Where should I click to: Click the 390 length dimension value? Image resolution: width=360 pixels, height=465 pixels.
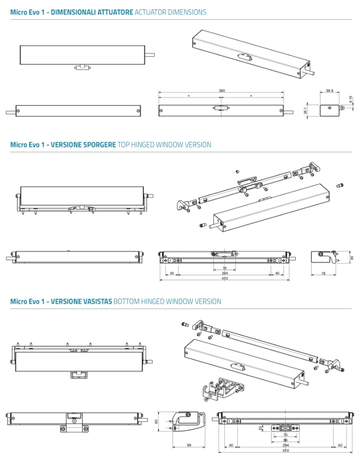222,91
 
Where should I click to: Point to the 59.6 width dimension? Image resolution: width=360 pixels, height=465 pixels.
329,91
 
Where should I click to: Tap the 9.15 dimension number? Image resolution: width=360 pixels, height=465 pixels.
351,100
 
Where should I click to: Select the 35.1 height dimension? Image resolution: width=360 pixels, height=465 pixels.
306,111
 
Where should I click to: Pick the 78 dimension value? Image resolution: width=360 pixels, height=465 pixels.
323,273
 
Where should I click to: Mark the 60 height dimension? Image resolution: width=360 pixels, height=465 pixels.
156,421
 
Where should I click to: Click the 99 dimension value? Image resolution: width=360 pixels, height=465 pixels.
189,445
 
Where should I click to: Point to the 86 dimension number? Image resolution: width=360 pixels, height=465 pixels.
285,440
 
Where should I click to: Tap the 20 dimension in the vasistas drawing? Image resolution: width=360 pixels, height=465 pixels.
260,427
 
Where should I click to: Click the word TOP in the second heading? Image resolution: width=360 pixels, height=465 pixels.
125,145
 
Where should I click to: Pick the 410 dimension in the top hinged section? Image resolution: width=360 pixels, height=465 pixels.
225,279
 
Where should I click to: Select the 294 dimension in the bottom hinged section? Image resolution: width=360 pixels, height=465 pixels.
285,445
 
